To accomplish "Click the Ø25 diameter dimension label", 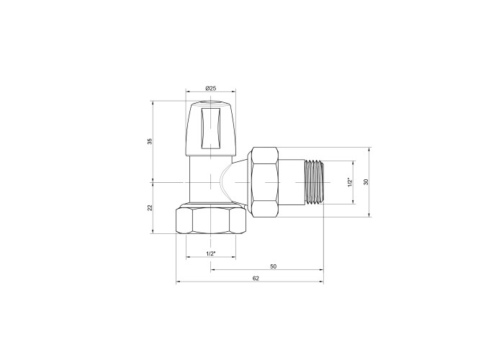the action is point(210,88).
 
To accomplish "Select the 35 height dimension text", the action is point(150,141).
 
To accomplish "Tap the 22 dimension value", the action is point(150,207).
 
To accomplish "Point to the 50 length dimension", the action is point(273,266).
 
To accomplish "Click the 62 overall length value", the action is point(256,279).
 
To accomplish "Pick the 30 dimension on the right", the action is point(366,181).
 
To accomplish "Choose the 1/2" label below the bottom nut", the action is point(210,253).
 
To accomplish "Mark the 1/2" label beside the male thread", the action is point(351,182).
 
